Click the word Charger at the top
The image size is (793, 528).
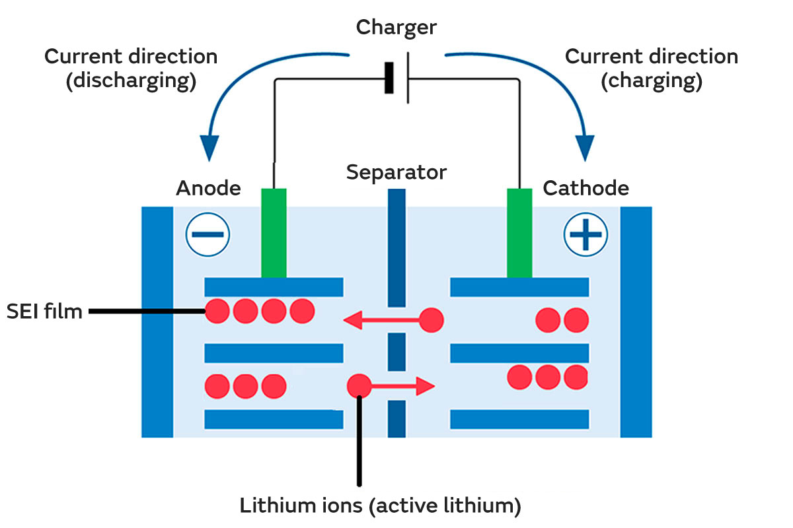397,28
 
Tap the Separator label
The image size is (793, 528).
397,173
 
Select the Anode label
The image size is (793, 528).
208,189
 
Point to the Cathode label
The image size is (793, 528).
585,189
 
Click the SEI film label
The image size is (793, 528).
44,311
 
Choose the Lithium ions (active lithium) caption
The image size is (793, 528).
381,506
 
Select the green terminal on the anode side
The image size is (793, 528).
274,232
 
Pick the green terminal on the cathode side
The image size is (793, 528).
519,232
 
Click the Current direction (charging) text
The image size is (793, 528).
651,69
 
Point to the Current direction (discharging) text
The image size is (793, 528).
131,69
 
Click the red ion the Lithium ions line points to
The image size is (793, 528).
359,385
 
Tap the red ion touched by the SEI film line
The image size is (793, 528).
217,311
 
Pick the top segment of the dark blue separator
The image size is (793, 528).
397,247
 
